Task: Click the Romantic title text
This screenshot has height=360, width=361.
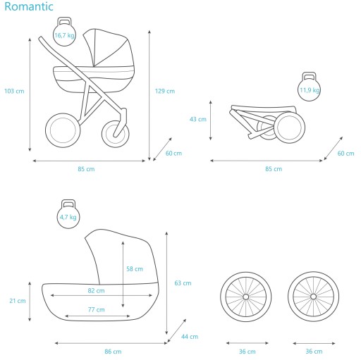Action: click(x=29, y=6)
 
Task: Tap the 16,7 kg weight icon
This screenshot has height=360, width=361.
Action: click(x=64, y=32)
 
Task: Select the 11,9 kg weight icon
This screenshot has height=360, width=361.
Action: click(x=309, y=87)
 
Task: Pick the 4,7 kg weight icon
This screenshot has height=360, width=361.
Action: click(x=68, y=214)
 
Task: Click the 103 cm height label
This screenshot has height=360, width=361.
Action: click(x=14, y=91)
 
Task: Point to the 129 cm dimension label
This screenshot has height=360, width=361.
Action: click(x=165, y=91)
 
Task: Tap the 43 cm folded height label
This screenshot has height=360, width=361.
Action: click(x=198, y=119)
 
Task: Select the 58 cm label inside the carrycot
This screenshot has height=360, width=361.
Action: click(x=135, y=269)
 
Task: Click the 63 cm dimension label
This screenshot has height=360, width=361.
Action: click(x=183, y=283)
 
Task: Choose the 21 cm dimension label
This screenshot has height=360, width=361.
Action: click(x=18, y=301)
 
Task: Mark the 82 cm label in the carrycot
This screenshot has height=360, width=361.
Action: click(x=96, y=291)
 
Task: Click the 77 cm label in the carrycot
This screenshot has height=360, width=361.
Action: click(x=97, y=310)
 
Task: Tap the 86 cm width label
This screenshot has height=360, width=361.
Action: click(x=113, y=352)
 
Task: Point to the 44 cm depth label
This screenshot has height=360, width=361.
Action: click(x=190, y=337)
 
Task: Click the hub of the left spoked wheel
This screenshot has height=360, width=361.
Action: click(x=246, y=297)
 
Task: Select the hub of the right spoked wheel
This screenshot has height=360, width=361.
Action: click(x=313, y=297)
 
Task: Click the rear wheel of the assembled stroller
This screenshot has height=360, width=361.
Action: click(x=47, y=130)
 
